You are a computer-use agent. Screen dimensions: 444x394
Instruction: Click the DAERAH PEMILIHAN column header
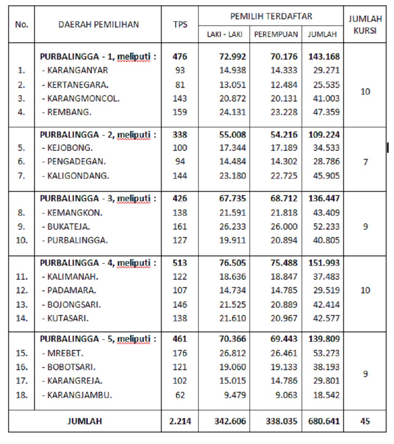[98, 24]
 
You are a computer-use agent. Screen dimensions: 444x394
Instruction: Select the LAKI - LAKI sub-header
[224, 35]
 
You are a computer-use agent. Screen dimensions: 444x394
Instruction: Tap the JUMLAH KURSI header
[365, 25]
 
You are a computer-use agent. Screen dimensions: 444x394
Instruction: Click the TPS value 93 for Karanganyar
[180, 70]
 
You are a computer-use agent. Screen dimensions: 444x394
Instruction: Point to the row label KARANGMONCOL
[83, 99]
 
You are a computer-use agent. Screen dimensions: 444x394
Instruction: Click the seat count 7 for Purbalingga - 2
[365, 162]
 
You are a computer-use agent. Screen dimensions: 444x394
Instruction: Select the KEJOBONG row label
[70, 148]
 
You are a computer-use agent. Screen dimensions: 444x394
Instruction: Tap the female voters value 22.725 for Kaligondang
[284, 176]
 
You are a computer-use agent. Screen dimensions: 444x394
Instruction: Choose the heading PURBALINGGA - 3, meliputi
[98, 199]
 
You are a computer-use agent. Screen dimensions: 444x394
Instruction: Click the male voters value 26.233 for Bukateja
[232, 226]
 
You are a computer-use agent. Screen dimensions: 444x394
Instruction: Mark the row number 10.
[22, 240]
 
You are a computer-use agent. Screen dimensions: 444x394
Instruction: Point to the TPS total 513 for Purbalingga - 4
[180, 263]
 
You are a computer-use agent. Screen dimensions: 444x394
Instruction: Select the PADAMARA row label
[71, 290]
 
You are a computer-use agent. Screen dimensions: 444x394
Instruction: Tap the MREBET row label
[66, 353]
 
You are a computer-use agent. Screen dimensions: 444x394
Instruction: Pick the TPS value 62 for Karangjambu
[180, 395]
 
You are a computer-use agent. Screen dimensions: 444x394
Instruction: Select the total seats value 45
[365, 421]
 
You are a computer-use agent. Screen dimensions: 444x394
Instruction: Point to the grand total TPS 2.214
[180, 421]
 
